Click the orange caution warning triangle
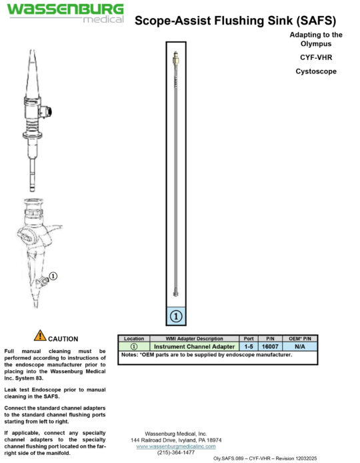[x=40, y=336]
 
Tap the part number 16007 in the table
[x=271, y=347]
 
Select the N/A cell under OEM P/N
[x=301, y=347]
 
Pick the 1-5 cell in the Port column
[x=249, y=347]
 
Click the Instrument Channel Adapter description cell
[x=195, y=347]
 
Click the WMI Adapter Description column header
[x=195, y=339]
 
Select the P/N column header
[x=271, y=339]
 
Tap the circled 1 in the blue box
[x=177, y=316]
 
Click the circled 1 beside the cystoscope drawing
[x=54, y=275]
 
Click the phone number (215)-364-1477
[x=176, y=453]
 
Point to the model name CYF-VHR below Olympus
[x=316, y=57]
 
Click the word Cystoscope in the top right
[x=316, y=71]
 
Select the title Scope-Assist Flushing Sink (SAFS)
[x=235, y=21]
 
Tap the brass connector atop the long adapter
[x=175, y=58]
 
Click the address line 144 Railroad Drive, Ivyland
[x=176, y=440]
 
